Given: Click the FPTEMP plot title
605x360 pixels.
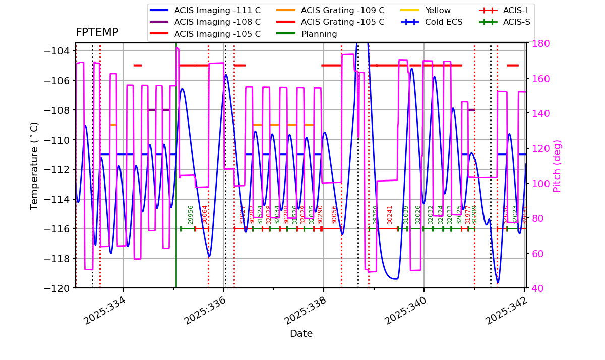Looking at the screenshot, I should click(97, 33).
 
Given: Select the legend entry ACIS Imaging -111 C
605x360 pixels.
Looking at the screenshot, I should click(217, 10).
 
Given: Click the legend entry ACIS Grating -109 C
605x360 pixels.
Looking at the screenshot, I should click(342, 10).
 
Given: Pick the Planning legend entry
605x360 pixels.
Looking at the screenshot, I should click(319, 34).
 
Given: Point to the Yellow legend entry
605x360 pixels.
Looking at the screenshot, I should click(438, 10).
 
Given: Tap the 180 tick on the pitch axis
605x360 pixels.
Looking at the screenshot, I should click(538, 43).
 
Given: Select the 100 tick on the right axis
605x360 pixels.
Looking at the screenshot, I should click(538, 183).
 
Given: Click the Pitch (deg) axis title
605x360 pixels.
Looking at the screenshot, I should click(557, 166).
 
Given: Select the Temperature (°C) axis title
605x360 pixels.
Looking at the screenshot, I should click(34, 165).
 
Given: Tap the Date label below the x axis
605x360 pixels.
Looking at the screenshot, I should click(301, 334).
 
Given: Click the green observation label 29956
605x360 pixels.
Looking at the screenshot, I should click(191, 215).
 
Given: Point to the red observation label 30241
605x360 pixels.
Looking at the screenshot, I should click(390, 215).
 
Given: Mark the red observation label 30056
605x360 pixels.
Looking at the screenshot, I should click(334, 215).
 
